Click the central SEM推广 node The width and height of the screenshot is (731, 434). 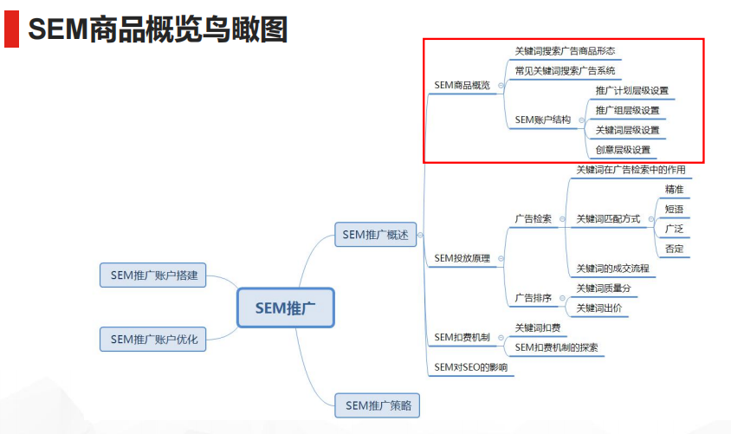pos(285,308)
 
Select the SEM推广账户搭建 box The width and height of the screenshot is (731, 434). pos(154,275)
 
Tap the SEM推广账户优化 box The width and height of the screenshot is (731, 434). pos(154,339)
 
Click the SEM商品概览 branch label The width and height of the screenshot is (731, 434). pos(462,85)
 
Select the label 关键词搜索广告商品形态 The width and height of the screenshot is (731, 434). pos(564,51)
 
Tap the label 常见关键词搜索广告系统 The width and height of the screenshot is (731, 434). pos(564,71)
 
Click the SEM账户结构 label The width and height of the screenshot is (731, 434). pos(542,120)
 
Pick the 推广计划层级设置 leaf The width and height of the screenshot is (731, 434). pos(631,91)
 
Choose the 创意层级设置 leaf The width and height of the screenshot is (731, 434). pos(623,150)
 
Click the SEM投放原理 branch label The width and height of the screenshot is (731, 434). pos(462,258)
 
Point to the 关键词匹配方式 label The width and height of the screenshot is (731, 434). pos(608,219)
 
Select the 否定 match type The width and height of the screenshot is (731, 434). pos(674,249)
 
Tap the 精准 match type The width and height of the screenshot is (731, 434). pos(674,190)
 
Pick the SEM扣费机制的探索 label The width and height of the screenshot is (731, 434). pos(556,347)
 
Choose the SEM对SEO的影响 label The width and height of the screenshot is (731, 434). pos(470,367)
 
